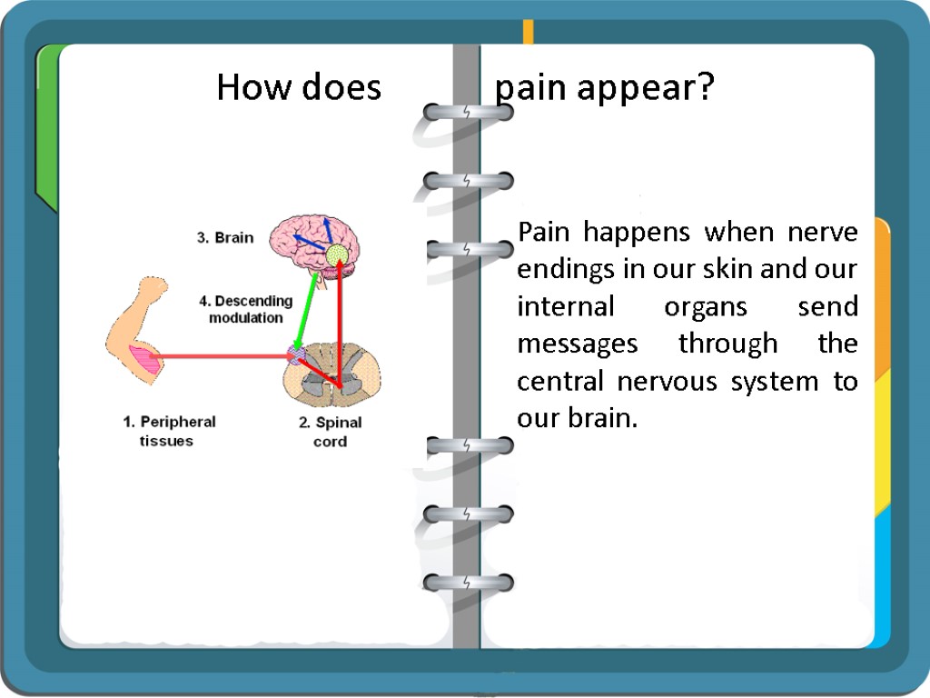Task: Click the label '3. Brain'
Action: (x=226, y=238)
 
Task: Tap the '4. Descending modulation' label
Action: (x=246, y=309)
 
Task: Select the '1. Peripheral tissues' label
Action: (x=169, y=431)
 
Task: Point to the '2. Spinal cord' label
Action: (x=330, y=432)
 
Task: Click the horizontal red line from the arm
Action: (x=223, y=356)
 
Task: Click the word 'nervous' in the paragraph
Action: (x=674, y=382)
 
